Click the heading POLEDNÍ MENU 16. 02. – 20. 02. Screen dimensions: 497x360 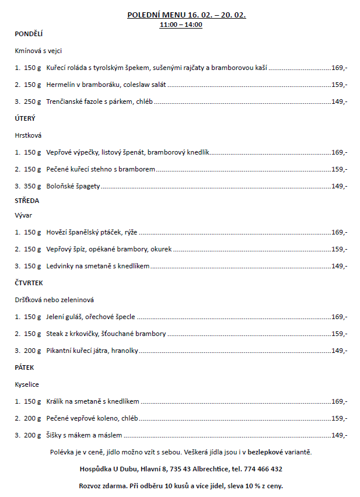(x=186, y=15)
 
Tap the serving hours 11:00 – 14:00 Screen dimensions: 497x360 (x=181, y=25)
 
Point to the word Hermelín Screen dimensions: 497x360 (x=60, y=85)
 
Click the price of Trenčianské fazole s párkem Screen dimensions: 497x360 (x=339, y=101)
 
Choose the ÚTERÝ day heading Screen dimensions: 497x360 (x=25, y=118)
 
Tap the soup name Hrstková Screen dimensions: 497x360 (x=28, y=135)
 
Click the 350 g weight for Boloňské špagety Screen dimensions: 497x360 (x=33, y=187)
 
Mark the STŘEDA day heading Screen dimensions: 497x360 (x=27, y=201)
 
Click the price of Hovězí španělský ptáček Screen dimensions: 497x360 (x=339, y=232)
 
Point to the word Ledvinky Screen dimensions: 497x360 (x=60, y=266)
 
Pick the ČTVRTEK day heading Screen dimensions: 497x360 (x=30, y=283)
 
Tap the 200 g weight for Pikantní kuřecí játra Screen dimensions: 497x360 (x=33, y=351)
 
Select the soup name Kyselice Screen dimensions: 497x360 (x=27, y=385)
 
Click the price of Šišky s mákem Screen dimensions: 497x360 (x=339, y=435)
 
